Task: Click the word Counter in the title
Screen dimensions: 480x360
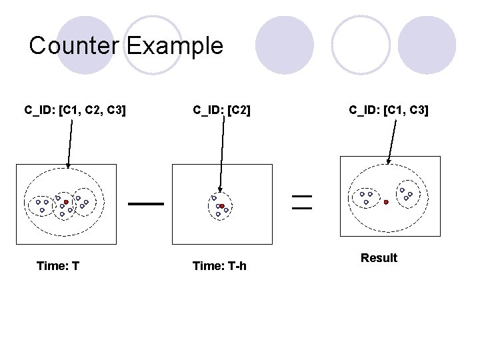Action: click(x=74, y=46)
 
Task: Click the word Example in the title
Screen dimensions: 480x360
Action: click(x=174, y=46)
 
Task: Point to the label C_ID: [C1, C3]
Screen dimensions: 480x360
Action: click(x=389, y=108)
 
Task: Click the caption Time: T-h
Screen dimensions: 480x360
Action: click(x=219, y=266)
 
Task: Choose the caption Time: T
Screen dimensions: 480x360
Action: click(x=58, y=266)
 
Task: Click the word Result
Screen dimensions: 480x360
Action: click(x=379, y=258)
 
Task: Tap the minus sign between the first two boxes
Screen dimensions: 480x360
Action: click(x=147, y=203)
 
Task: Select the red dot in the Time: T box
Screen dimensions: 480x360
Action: click(x=66, y=201)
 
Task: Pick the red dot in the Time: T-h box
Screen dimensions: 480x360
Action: click(x=222, y=206)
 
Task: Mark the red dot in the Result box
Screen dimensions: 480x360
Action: click(x=386, y=201)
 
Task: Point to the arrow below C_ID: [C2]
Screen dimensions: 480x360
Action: click(x=221, y=153)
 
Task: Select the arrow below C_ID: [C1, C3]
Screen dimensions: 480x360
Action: click(x=392, y=140)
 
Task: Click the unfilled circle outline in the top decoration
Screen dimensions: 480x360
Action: click(x=360, y=44)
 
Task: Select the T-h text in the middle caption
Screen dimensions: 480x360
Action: click(x=235, y=266)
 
